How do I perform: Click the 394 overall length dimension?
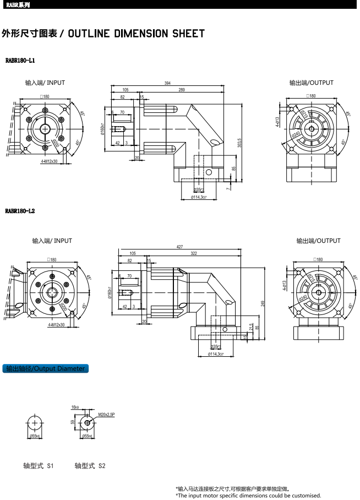point(167,83)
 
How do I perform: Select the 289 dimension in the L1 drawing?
point(182,90)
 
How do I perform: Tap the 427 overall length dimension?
point(180,247)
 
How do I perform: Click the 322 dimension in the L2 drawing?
point(194,254)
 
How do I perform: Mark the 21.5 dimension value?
point(251,327)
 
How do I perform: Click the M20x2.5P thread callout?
point(107,414)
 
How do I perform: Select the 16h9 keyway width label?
point(75,407)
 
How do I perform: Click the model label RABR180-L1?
point(20,60)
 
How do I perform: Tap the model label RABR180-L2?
point(20,211)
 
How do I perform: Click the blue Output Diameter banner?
point(46,368)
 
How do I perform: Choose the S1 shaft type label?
point(39,466)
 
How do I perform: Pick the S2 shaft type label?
point(90,466)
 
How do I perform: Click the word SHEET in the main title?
point(189,34)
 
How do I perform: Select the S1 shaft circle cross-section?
point(35,423)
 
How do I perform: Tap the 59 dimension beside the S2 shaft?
point(73,422)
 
